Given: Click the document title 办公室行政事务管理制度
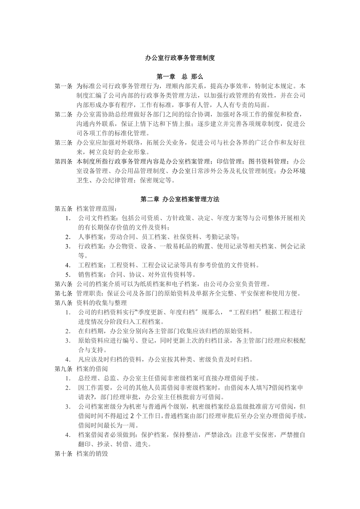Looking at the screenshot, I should click(180, 58).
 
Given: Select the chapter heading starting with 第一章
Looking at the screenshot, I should click(180, 77).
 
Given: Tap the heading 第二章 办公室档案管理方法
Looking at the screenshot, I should click(180, 199).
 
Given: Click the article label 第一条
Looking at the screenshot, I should click(63, 86).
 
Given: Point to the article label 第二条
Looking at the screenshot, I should click(63, 114).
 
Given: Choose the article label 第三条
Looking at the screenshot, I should click(63, 143).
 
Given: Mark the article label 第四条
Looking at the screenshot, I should click(63, 161).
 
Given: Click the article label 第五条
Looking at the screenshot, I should click(63, 208).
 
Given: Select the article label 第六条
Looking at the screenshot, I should click(63, 284).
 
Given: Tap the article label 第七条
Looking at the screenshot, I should click(63, 293).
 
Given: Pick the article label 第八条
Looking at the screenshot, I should click(63, 303).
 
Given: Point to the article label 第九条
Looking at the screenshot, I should click(63, 369).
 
